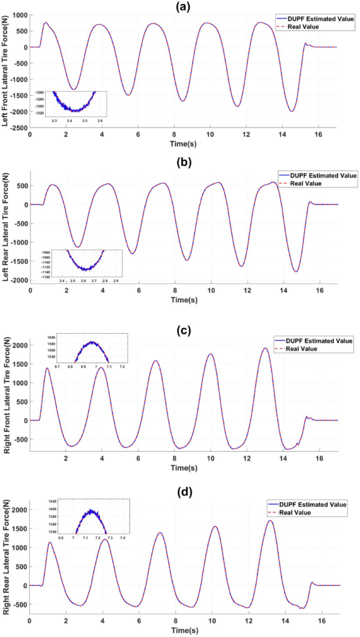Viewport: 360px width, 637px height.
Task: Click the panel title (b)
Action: [183, 162]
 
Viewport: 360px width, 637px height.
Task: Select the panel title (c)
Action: [183, 330]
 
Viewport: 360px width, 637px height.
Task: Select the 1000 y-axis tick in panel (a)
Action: [20, 15]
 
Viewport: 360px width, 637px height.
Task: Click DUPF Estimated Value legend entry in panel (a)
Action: [314, 19]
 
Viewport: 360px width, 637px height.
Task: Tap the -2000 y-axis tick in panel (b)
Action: [18, 280]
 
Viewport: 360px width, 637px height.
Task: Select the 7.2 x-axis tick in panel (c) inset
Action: [122, 366]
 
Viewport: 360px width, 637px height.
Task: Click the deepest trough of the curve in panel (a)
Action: [291, 111]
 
